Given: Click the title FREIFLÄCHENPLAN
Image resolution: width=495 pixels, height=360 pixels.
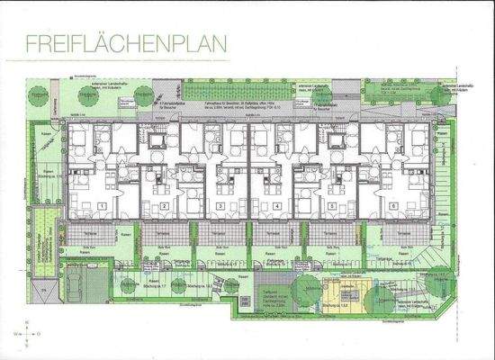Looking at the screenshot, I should (x=128, y=42).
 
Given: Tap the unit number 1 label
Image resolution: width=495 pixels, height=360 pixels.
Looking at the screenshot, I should (x=104, y=206).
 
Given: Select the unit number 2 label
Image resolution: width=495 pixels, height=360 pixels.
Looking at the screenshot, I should (x=166, y=207).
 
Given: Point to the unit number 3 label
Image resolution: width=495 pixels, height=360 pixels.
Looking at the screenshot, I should (x=221, y=207).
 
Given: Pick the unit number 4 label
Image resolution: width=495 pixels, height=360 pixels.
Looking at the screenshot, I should (x=276, y=207).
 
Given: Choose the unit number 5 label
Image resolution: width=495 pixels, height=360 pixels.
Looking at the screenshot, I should (x=332, y=207).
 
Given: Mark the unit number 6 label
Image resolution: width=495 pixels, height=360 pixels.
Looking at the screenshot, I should (x=393, y=206).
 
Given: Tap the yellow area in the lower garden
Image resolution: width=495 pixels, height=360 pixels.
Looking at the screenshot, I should (x=343, y=292).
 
